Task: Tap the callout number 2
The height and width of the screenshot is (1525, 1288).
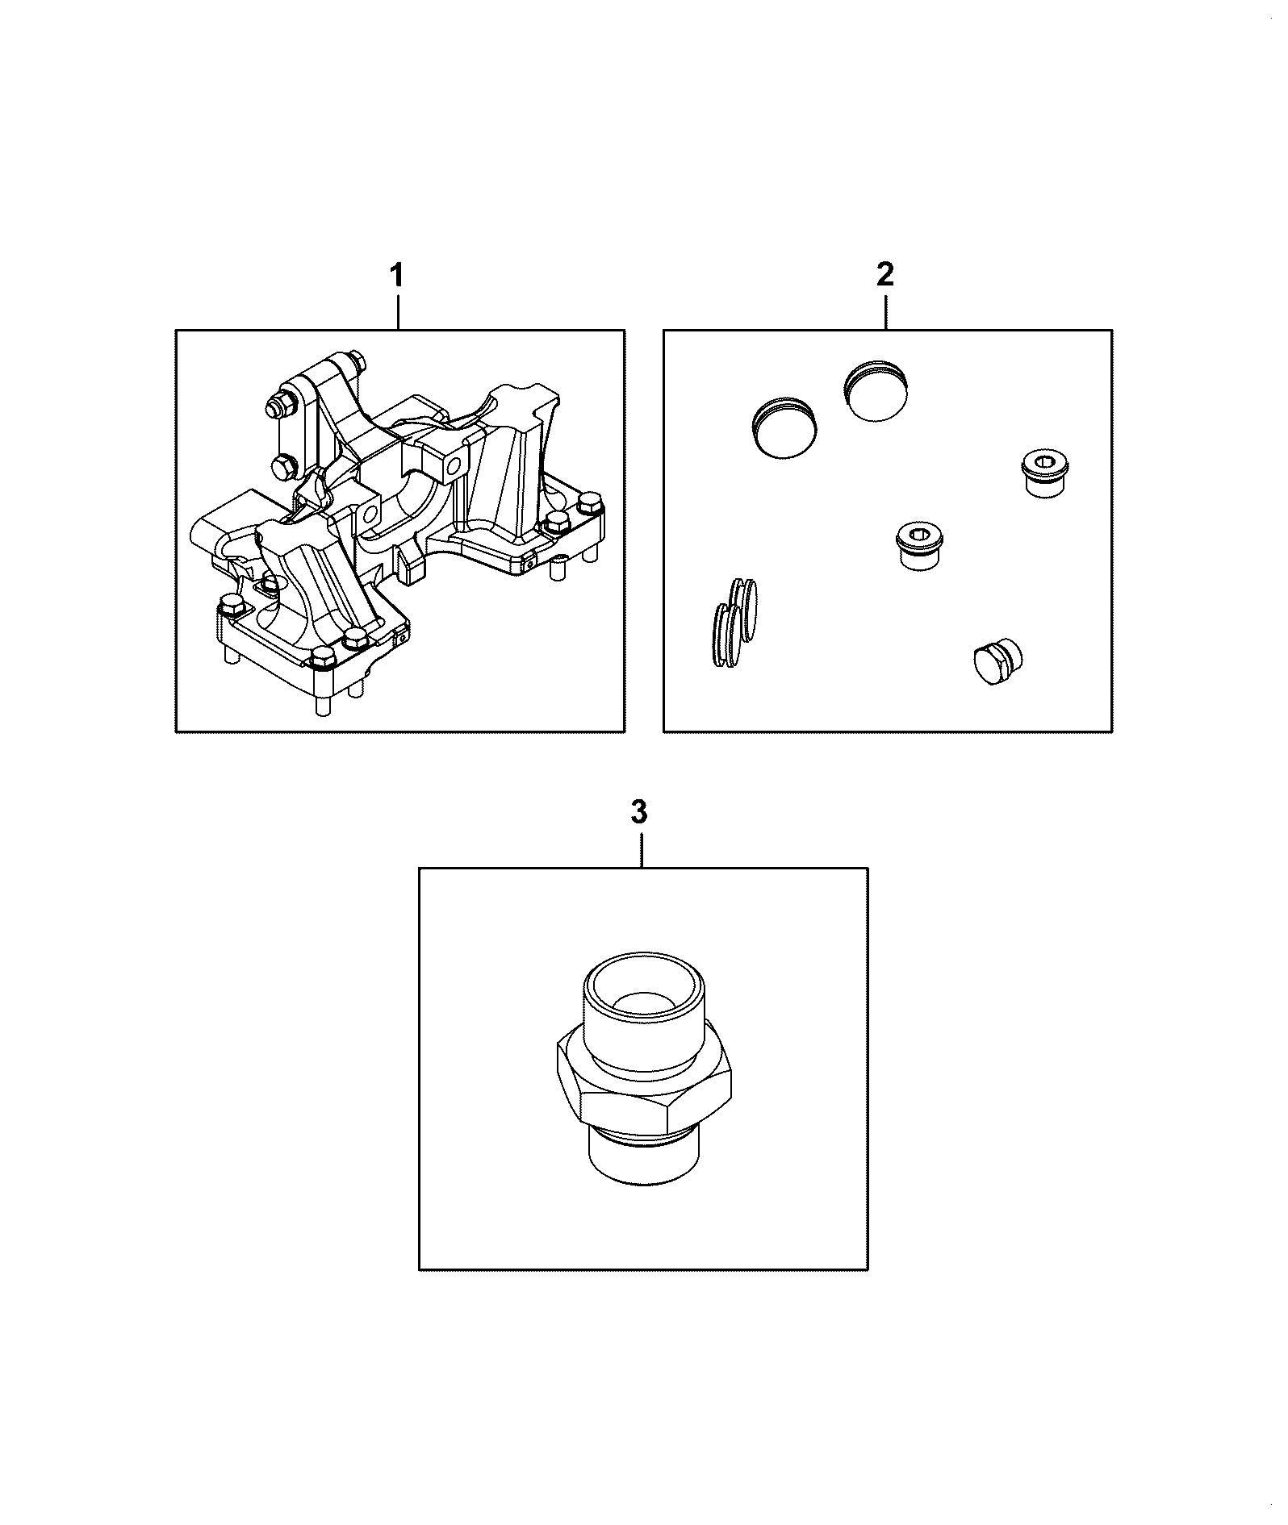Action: (884, 276)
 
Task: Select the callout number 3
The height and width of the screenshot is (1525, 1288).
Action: (639, 813)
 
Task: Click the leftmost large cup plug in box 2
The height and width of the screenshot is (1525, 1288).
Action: (784, 427)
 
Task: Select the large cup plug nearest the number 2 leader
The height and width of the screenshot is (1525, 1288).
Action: (876, 392)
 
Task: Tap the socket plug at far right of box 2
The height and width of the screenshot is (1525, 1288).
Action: (1045, 474)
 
